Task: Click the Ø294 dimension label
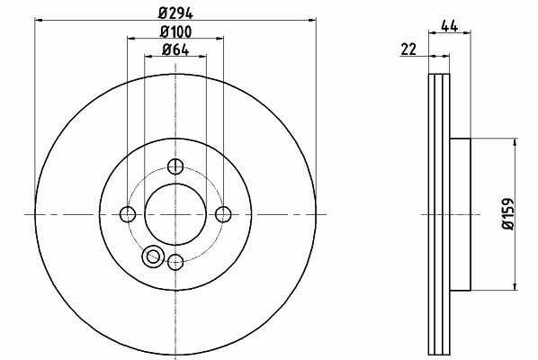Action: click(x=175, y=13)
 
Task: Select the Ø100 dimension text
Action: click(x=175, y=31)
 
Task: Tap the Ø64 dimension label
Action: click(x=175, y=49)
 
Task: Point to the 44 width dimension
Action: click(x=450, y=26)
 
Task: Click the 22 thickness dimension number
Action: click(x=408, y=49)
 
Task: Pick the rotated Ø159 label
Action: click(x=508, y=214)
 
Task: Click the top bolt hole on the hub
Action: click(x=175, y=166)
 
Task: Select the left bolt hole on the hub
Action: click(x=128, y=214)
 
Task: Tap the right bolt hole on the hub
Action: click(x=223, y=214)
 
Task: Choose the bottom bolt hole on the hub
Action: click(x=175, y=262)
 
